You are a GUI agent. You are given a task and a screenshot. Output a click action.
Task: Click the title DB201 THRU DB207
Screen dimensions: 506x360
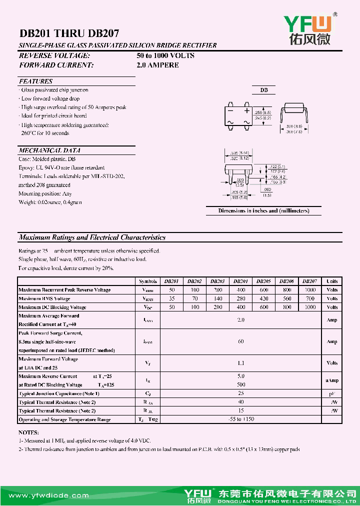[x=69, y=34]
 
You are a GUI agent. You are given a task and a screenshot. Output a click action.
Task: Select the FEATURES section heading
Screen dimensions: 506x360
[x=35, y=81]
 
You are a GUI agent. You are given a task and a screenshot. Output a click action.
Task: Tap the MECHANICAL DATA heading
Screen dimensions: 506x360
[x=49, y=150]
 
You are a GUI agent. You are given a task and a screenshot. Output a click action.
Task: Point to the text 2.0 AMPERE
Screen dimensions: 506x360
[x=157, y=65]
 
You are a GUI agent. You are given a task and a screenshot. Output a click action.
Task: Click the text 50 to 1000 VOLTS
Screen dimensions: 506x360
[x=165, y=55]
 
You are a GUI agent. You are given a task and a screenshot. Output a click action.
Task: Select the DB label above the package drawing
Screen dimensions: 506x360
[x=263, y=90]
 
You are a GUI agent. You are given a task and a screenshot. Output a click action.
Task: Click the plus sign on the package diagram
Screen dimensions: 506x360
[x=246, y=110]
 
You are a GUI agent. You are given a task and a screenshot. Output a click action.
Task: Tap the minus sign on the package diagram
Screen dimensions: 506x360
[x=230, y=110]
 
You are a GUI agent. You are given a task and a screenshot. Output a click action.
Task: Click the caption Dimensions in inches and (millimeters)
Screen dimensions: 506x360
[x=263, y=210]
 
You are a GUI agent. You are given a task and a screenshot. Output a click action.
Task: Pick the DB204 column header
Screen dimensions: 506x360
[x=240, y=281]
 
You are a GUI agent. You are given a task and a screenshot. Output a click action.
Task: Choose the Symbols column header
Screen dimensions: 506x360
[x=148, y=281]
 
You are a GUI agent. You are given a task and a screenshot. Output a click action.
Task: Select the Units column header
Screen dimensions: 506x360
[x=332, y=281]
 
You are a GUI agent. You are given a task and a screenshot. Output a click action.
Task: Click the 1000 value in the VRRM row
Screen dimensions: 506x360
[x=310, y=290]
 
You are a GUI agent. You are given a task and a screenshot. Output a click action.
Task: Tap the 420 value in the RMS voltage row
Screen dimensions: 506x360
[x=263, y=298]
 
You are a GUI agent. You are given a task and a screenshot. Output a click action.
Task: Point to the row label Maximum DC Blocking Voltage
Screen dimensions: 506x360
[x=52, y=307]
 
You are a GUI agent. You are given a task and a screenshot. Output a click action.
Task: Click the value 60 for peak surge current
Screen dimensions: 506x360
[x=240, y=341]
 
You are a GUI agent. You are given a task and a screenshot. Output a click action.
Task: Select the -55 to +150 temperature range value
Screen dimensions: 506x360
[x=240, y=419]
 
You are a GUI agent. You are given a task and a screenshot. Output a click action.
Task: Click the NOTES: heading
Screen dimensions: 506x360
[x=28, y=432]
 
